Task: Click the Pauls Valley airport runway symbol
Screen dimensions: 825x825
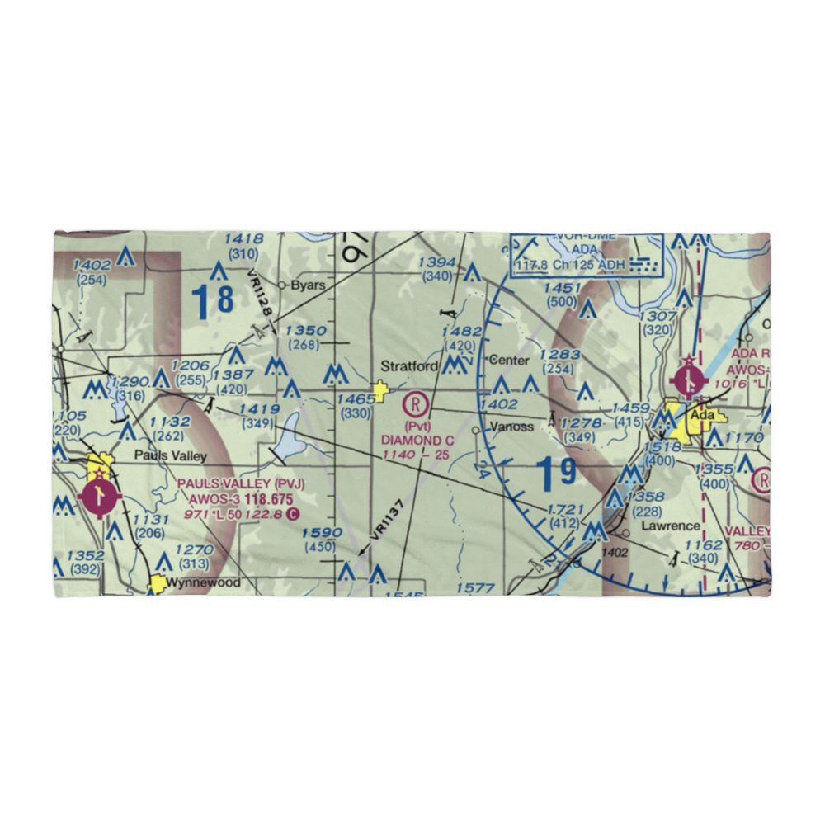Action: pos(99,497)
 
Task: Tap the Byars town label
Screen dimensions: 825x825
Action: pos(305,285)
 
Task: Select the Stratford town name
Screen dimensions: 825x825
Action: pos(409,365)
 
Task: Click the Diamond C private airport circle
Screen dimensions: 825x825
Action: pos(417,404)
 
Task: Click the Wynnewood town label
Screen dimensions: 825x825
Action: pos(204,582)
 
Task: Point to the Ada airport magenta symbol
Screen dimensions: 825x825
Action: pos(690,380)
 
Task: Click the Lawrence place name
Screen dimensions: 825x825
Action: pos(672,526)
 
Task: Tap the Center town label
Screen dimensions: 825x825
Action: pos(508,361)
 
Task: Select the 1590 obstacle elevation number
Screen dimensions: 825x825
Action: pos(321,533)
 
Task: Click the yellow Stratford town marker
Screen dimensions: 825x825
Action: pos(380,391)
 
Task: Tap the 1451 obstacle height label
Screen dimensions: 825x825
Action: pos(562,288)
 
